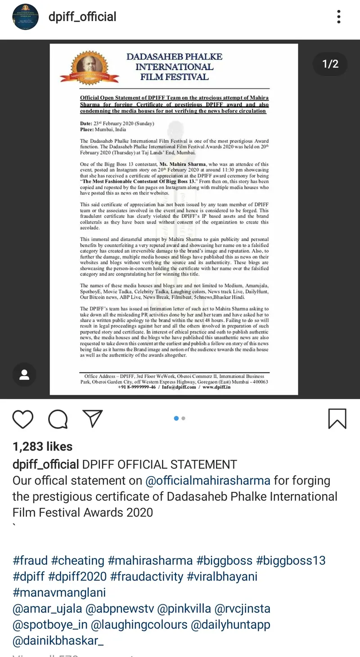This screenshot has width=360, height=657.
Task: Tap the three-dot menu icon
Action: coord(339,17)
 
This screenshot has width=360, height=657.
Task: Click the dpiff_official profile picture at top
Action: coord(25,17)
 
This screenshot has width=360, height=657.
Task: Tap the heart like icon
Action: coord(22,418)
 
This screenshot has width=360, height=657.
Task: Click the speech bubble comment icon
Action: coord(58,418)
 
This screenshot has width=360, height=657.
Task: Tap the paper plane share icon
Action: coord(93,418)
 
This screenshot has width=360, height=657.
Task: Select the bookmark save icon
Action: coord(337,418)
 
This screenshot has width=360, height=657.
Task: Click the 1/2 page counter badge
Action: coord(330,64)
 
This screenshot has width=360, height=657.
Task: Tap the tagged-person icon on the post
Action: coord(24,374)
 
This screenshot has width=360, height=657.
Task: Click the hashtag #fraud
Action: coord(30,561)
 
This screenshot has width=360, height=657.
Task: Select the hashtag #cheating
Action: coord(77,561)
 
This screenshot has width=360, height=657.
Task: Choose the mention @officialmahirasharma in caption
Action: coord(208,480)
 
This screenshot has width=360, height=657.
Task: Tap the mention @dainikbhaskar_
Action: coord(58,640)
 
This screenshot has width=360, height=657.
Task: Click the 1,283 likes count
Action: coord(43,446)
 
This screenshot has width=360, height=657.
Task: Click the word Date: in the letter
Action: coord(86,124)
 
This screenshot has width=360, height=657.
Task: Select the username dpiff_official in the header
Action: coord(82,17)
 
